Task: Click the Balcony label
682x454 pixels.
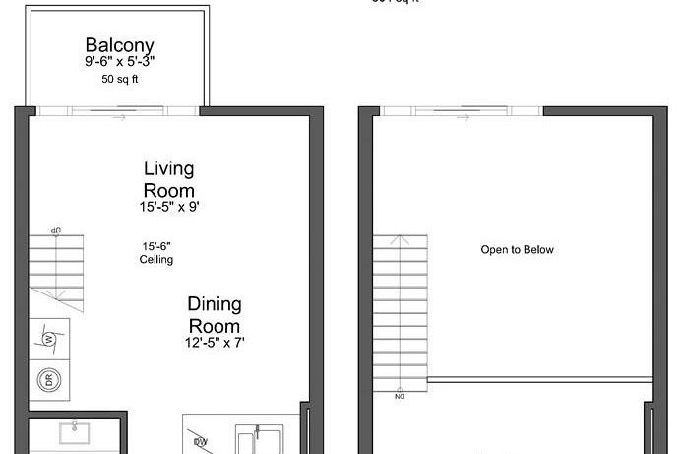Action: [x=119, y=45]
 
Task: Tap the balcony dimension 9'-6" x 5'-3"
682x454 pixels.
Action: [x=119, y=61]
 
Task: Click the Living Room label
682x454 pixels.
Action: [x=168, y=179]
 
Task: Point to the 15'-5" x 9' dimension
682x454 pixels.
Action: [x=168, y=208]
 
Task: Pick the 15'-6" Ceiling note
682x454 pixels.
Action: [x=156, y=252]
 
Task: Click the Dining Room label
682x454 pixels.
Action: [x=215, y=315]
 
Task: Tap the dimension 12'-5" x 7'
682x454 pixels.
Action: [x=215, y=343]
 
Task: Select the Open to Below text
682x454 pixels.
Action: [x=517, y=250]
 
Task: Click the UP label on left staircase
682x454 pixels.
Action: [x=56, y=229]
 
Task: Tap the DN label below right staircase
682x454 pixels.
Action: [x=400, y=397]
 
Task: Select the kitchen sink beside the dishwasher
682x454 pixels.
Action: [x=258, y=439]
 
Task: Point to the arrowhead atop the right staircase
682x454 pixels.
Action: [x=400, y=239]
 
